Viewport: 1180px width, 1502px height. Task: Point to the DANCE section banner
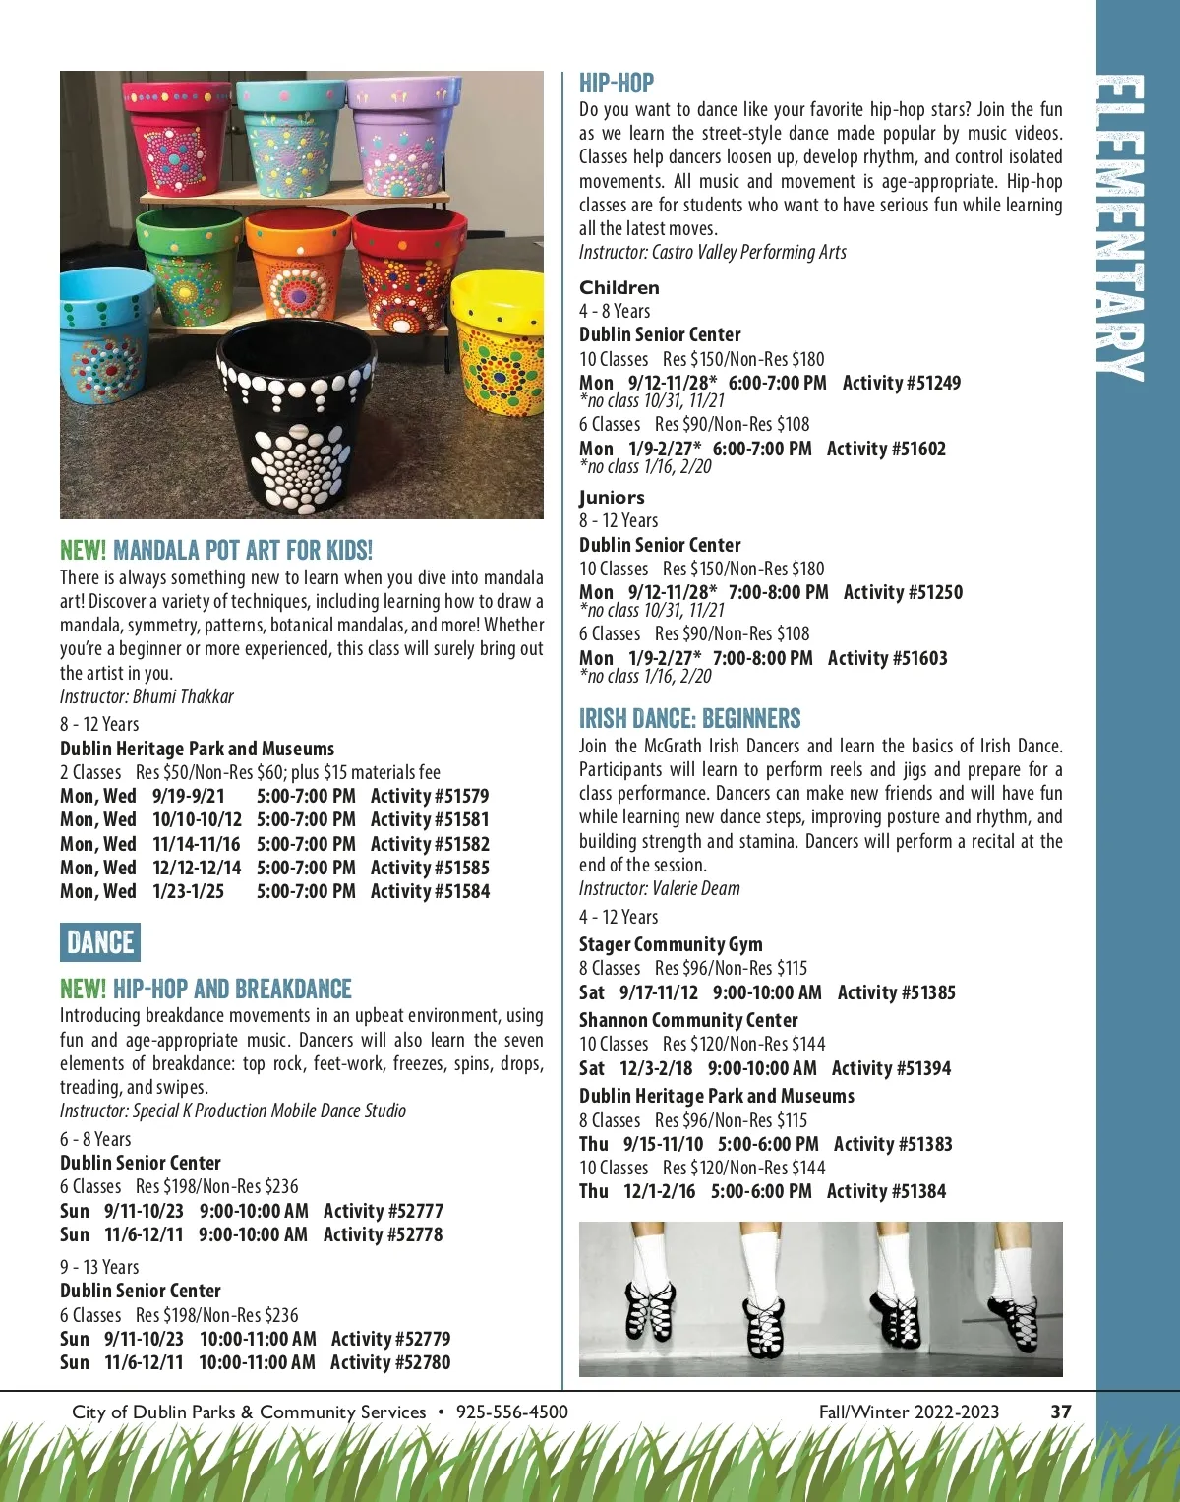[100, 942]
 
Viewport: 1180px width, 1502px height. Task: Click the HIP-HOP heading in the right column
[617, 83]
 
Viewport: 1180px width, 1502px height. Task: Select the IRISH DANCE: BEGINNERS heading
[689, 718]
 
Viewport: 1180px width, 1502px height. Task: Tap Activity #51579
[430, 796]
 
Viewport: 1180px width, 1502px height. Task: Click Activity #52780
[390, 1362]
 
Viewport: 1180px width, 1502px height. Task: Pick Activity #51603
[887, 658]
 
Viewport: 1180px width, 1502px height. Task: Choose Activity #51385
[896, 992]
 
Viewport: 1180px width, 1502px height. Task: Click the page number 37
[1061, 1412]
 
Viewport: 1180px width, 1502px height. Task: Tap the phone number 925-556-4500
[512, 1412]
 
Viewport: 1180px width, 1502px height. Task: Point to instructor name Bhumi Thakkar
[183, 696]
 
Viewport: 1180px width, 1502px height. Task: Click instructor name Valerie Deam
[696, 888]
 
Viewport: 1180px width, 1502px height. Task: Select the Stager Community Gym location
[671, 944]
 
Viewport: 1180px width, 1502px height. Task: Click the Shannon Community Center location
[688, 1020]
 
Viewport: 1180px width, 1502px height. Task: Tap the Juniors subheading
[612, 498]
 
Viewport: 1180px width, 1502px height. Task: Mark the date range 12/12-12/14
[197, 868]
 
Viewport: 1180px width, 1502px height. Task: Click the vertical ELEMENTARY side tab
[1122, 226]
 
